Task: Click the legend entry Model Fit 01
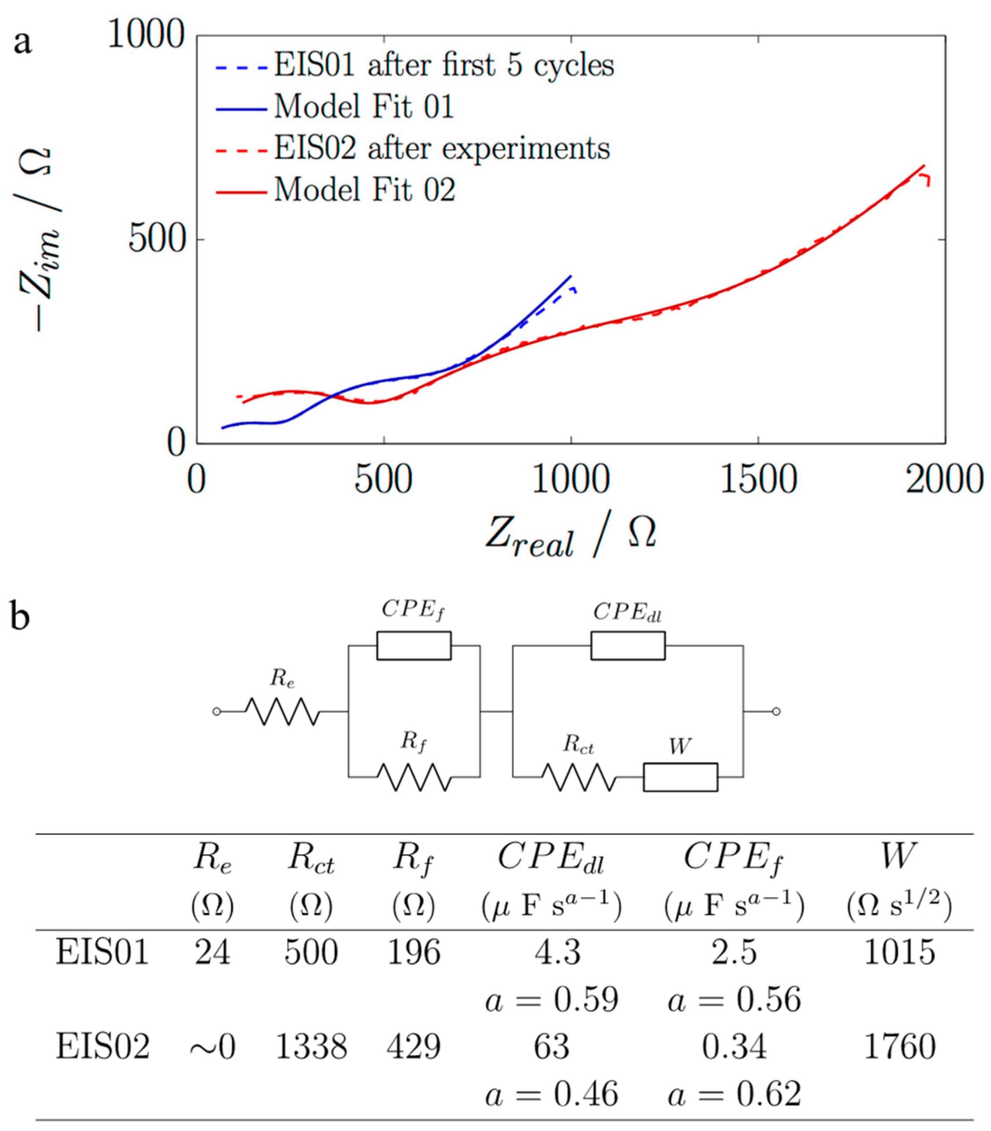tap(364, 106)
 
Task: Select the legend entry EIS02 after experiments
tap(442, 148)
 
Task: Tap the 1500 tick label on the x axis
tap(758, 480)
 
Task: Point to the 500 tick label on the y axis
tap(156, 240)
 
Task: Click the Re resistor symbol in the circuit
tap(282, 711)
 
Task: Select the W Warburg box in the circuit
tap(680, 777)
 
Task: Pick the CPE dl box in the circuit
tap(628, 646)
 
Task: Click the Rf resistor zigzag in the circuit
tap(414, 777)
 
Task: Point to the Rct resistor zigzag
tap(579, 777)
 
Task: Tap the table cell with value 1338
tap(311, 1046)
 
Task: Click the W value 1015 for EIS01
tap(899, 952)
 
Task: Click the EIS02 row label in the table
tap(102, 1046)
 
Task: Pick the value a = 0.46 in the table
tap(551, 1094)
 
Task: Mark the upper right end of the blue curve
tap(571, 276)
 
